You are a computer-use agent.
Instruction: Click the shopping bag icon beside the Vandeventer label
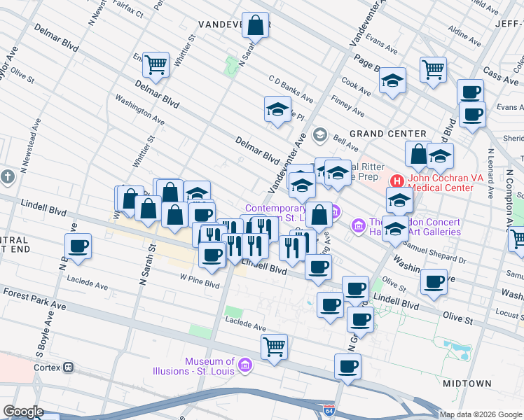click(257, 25)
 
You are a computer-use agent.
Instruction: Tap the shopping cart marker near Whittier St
click(156, 64)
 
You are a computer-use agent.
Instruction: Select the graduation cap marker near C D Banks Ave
click(277, 109)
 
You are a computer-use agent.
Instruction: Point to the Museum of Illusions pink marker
click(244, 365)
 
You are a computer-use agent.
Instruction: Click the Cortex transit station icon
click(69, 367)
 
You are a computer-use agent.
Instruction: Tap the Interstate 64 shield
click(329, 410)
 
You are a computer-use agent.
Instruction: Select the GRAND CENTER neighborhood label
click(387, 134)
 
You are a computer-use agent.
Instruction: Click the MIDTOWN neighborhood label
click(467, 384)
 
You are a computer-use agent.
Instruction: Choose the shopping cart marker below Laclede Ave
click(274, 346)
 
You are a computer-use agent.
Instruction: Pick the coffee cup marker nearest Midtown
click(347, 366)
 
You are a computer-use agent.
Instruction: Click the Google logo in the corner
click(22, 411)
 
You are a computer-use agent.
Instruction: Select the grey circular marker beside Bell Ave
click(320, 134)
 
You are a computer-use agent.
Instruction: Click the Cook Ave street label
click(356, 88)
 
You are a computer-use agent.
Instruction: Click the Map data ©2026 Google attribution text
click(481, 414)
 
